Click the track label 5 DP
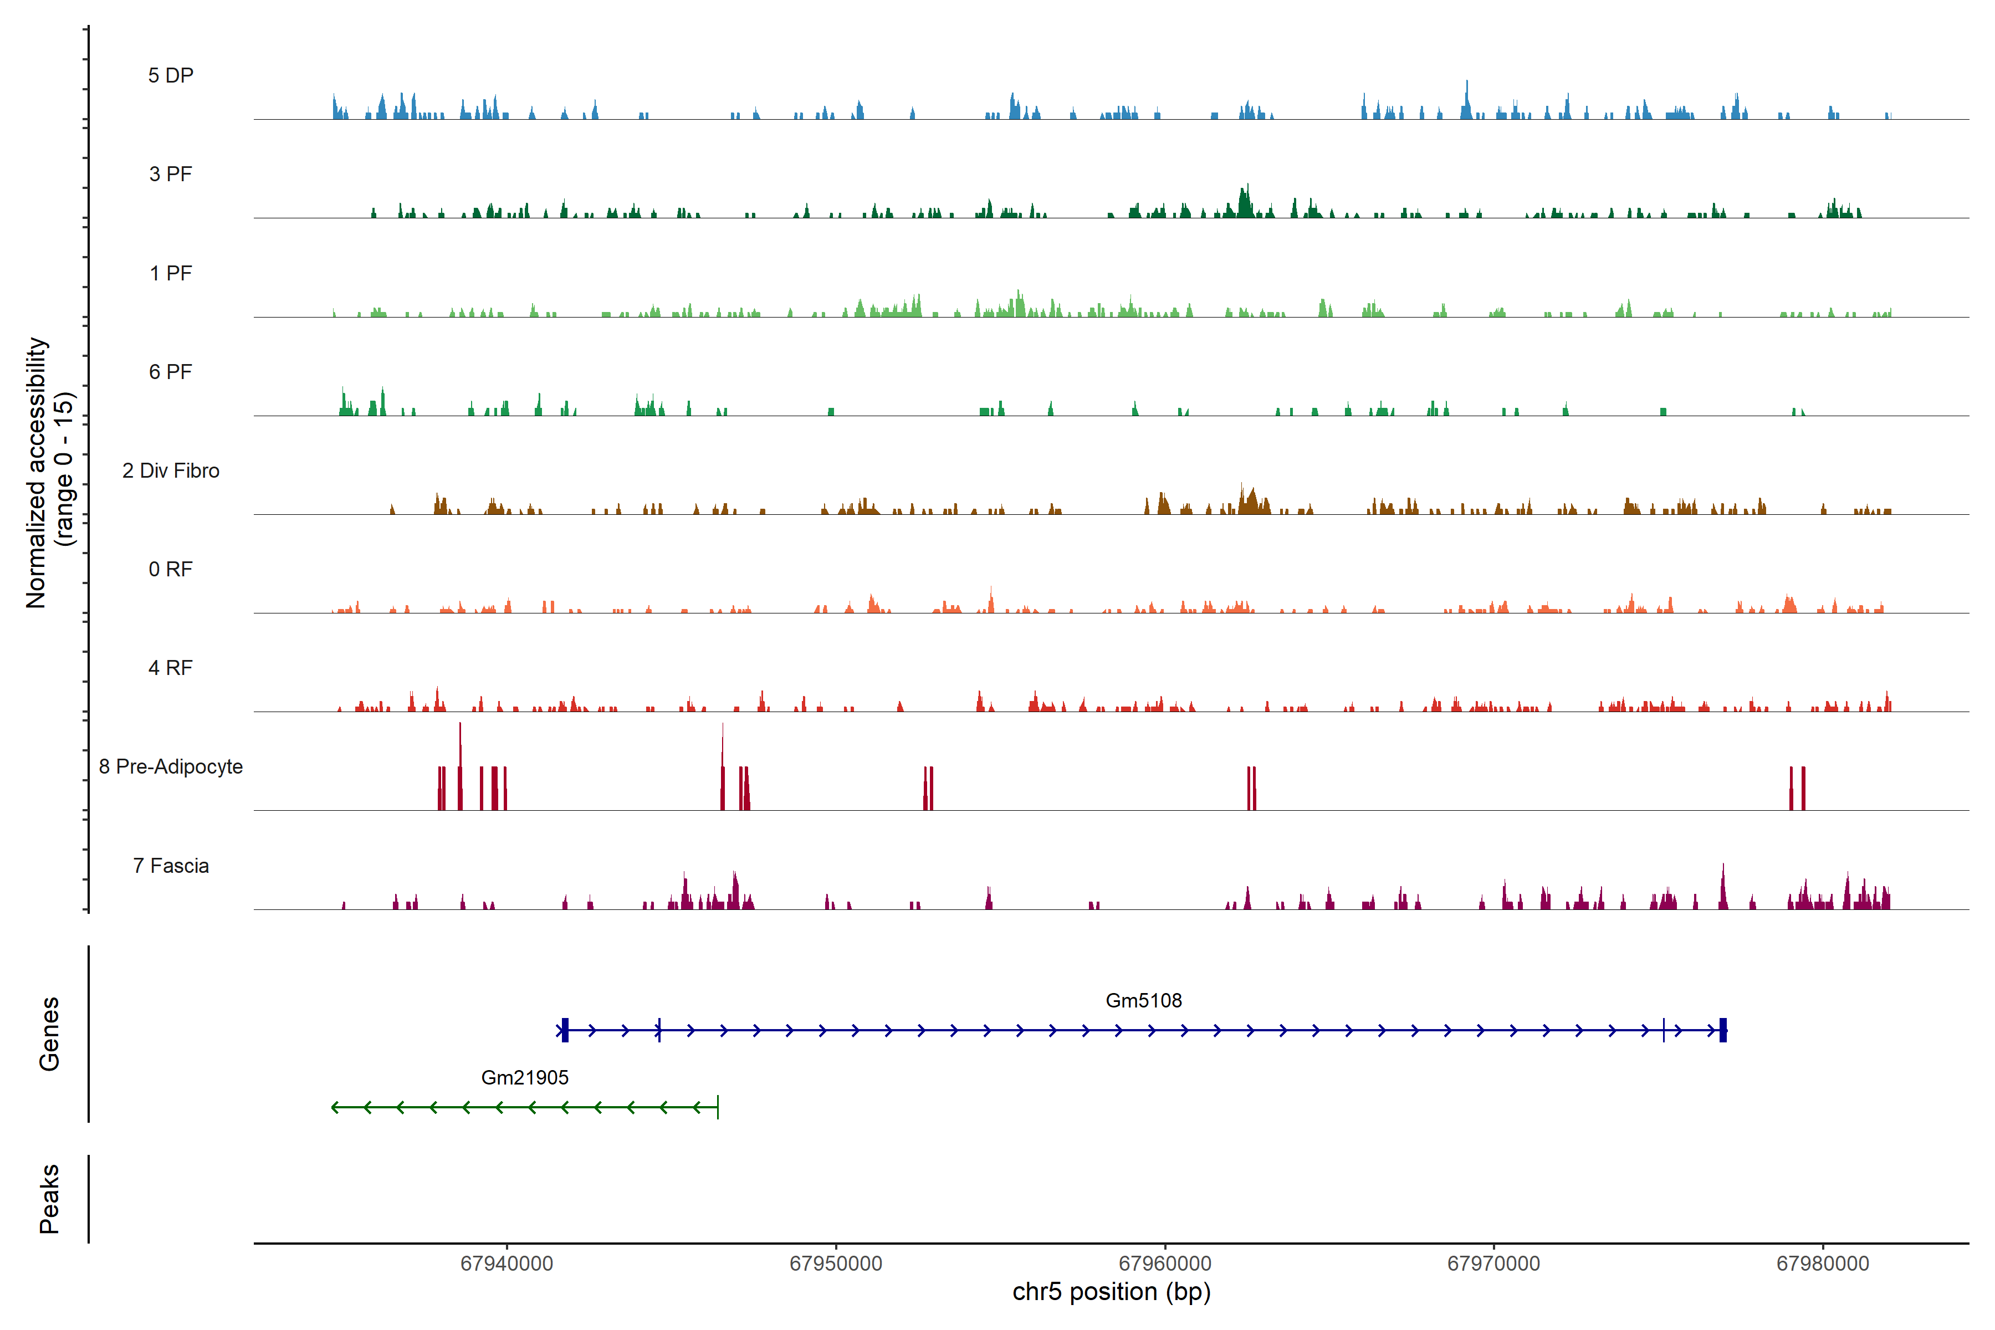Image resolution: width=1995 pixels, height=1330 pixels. click(x=171, y=75)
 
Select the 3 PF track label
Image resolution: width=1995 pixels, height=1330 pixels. click(x=171, y=174)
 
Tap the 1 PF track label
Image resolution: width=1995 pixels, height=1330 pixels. click(x=171, y=273)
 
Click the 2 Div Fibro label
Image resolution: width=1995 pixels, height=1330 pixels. click(x=171, y=470)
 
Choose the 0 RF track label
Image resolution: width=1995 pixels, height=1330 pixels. click(x=171, y=569)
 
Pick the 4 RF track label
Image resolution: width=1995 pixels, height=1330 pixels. click(x=171, y=668)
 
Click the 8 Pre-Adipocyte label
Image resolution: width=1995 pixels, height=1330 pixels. click(x=171, y=767)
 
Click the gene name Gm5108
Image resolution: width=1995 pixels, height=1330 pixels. click(x=1143, y=1001)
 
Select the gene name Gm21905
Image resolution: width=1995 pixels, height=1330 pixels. click(x=524, y=1078)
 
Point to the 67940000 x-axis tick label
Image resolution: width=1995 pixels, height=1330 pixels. click(x=507, y=1264)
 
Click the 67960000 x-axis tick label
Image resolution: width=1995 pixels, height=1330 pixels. click(x=1165, y=1264)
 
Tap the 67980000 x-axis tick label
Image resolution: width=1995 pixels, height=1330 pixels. click(x=1823, y=1264)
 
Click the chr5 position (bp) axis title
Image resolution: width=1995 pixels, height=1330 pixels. click(x=1111, y=1292)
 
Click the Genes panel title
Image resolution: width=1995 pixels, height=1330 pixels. click(x=49, y=1034)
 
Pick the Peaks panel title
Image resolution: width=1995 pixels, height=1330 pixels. click(x=49, y=1199)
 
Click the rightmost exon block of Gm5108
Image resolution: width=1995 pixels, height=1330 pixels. click(x=1723, y=1031)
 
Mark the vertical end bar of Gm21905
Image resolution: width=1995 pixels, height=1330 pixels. click(x=718, y=1107)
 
